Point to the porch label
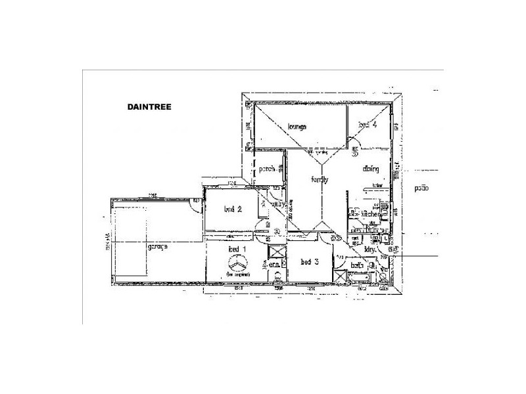266,169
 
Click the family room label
319,179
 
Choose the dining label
370,169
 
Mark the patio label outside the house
421,188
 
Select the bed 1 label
236,250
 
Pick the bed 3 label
310,262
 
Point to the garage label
158,246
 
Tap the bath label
357,266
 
